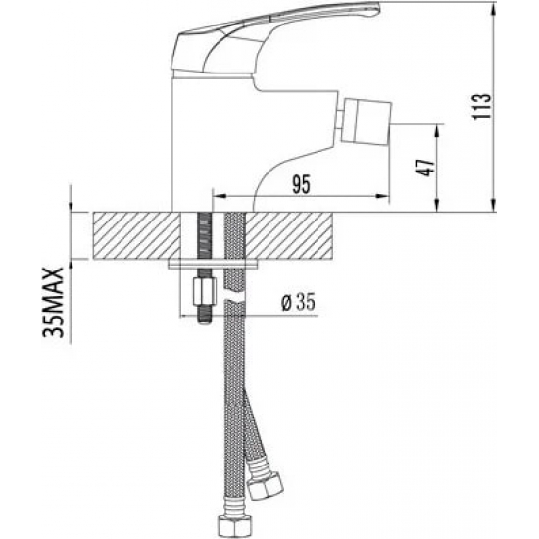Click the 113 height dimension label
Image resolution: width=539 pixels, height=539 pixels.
click(x=481, y=106)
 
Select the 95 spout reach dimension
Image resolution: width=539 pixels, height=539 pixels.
click(x=301, y=184)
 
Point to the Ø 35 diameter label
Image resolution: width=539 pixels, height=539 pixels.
click(x=298, y=303)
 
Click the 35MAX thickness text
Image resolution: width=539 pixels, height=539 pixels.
click(x=53, y=303)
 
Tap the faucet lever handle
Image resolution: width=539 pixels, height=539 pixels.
click(x=275, y=38)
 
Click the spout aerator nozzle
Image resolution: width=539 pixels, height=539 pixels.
click(x=366, y=120)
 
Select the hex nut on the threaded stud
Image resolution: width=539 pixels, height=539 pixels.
click(x=205, y=291)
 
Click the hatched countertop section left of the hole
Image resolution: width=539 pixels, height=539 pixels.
click(x=137, y=235)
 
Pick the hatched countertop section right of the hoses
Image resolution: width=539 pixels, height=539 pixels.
click(x=289, y=235)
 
